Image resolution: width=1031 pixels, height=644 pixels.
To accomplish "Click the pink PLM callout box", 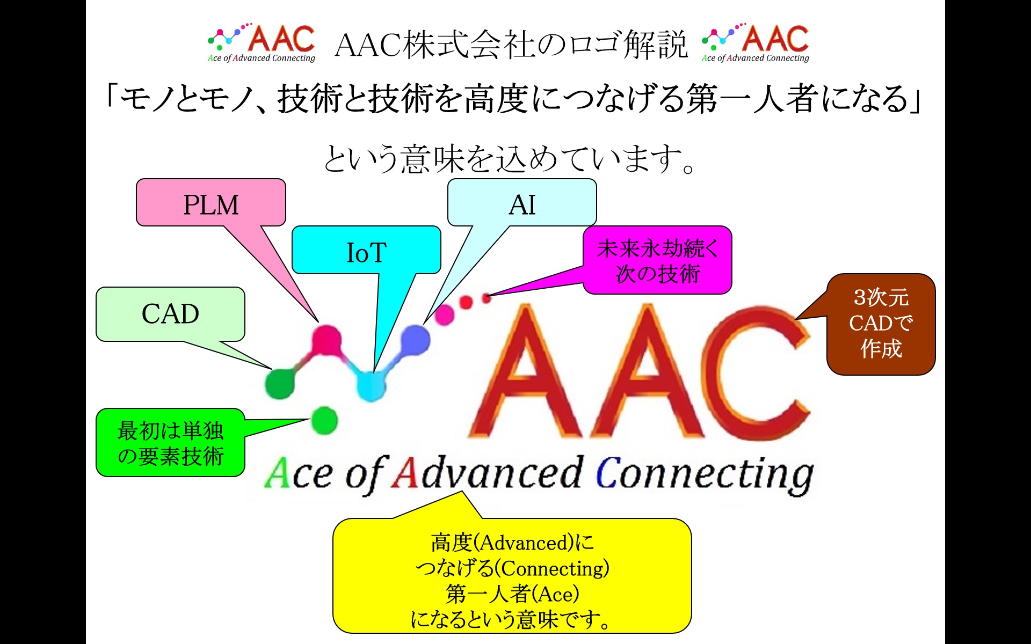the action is coord(210,203).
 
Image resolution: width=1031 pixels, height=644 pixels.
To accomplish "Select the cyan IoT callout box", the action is coord(366,250).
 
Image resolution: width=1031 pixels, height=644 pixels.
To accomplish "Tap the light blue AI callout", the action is coord(522,203).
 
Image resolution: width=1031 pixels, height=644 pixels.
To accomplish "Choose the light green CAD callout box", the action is coord(170,314).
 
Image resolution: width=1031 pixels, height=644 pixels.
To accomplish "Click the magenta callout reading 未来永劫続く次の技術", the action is coord(657,260).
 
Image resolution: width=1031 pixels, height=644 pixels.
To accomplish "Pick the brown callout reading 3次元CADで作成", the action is coord(881,324).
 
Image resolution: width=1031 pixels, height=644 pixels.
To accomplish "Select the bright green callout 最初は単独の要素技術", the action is coord(170,443).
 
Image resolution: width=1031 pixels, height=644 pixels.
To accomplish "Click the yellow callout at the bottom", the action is coord(512,575).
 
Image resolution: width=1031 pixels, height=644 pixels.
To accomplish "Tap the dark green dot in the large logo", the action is coord(280,383).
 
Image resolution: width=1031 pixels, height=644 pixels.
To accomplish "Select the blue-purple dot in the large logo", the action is coord(415,340).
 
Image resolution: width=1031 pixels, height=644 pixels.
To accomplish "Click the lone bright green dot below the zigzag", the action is coord(324,420).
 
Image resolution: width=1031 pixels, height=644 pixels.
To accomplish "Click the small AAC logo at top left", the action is coord(262,43).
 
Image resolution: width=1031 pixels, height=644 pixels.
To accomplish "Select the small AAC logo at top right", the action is coord(756,43).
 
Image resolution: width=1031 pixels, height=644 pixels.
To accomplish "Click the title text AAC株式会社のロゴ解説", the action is coord(511,44).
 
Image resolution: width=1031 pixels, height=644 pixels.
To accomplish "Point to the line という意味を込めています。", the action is coord(510,159).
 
